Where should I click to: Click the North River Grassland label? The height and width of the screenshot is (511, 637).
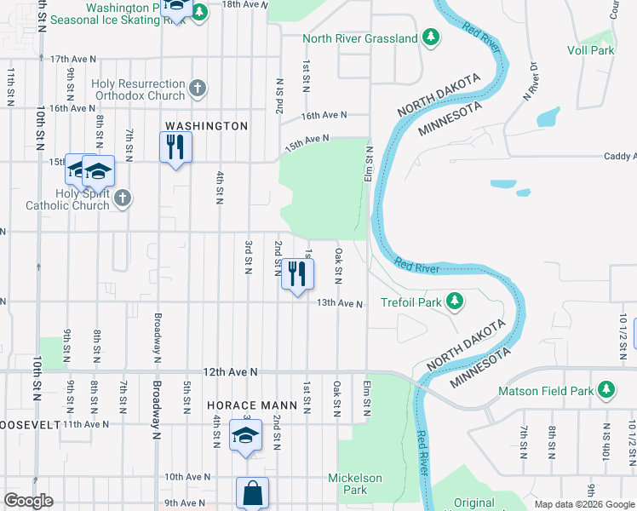[361, 38]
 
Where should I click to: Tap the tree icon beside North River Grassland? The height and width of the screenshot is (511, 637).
[431, 37]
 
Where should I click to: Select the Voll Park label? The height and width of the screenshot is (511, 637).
[591, 50]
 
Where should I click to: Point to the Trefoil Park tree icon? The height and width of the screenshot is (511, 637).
[456, 301]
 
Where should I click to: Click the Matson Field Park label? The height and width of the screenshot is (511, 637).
[547, 391]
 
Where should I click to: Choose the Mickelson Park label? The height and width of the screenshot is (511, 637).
[356, 484]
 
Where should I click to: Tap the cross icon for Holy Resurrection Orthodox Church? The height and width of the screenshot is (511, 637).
[198, 88]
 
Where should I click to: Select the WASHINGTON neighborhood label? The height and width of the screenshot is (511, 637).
[206, 126]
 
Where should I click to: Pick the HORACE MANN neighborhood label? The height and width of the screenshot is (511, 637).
[252, 405]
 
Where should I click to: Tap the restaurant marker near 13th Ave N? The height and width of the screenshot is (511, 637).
[297, 274]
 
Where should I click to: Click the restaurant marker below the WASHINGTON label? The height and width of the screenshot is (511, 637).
[175, 146]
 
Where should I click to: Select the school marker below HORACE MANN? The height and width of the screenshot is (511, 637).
[245, 436]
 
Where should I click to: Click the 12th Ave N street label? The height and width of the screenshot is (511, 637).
[230, 372]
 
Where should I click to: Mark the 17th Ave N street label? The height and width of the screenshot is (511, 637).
[72, 59]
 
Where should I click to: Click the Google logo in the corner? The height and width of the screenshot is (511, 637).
[28, 501]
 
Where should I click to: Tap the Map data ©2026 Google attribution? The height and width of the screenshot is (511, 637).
[584, 504]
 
